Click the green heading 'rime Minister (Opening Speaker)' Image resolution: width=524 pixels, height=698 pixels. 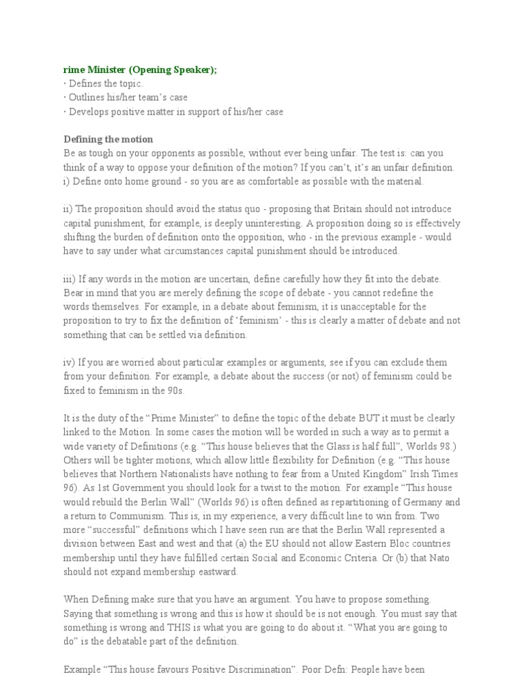tap(140, 70)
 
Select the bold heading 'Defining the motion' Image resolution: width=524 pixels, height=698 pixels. tap(108, 139)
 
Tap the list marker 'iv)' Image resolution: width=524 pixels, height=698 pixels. tap(70, 363)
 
